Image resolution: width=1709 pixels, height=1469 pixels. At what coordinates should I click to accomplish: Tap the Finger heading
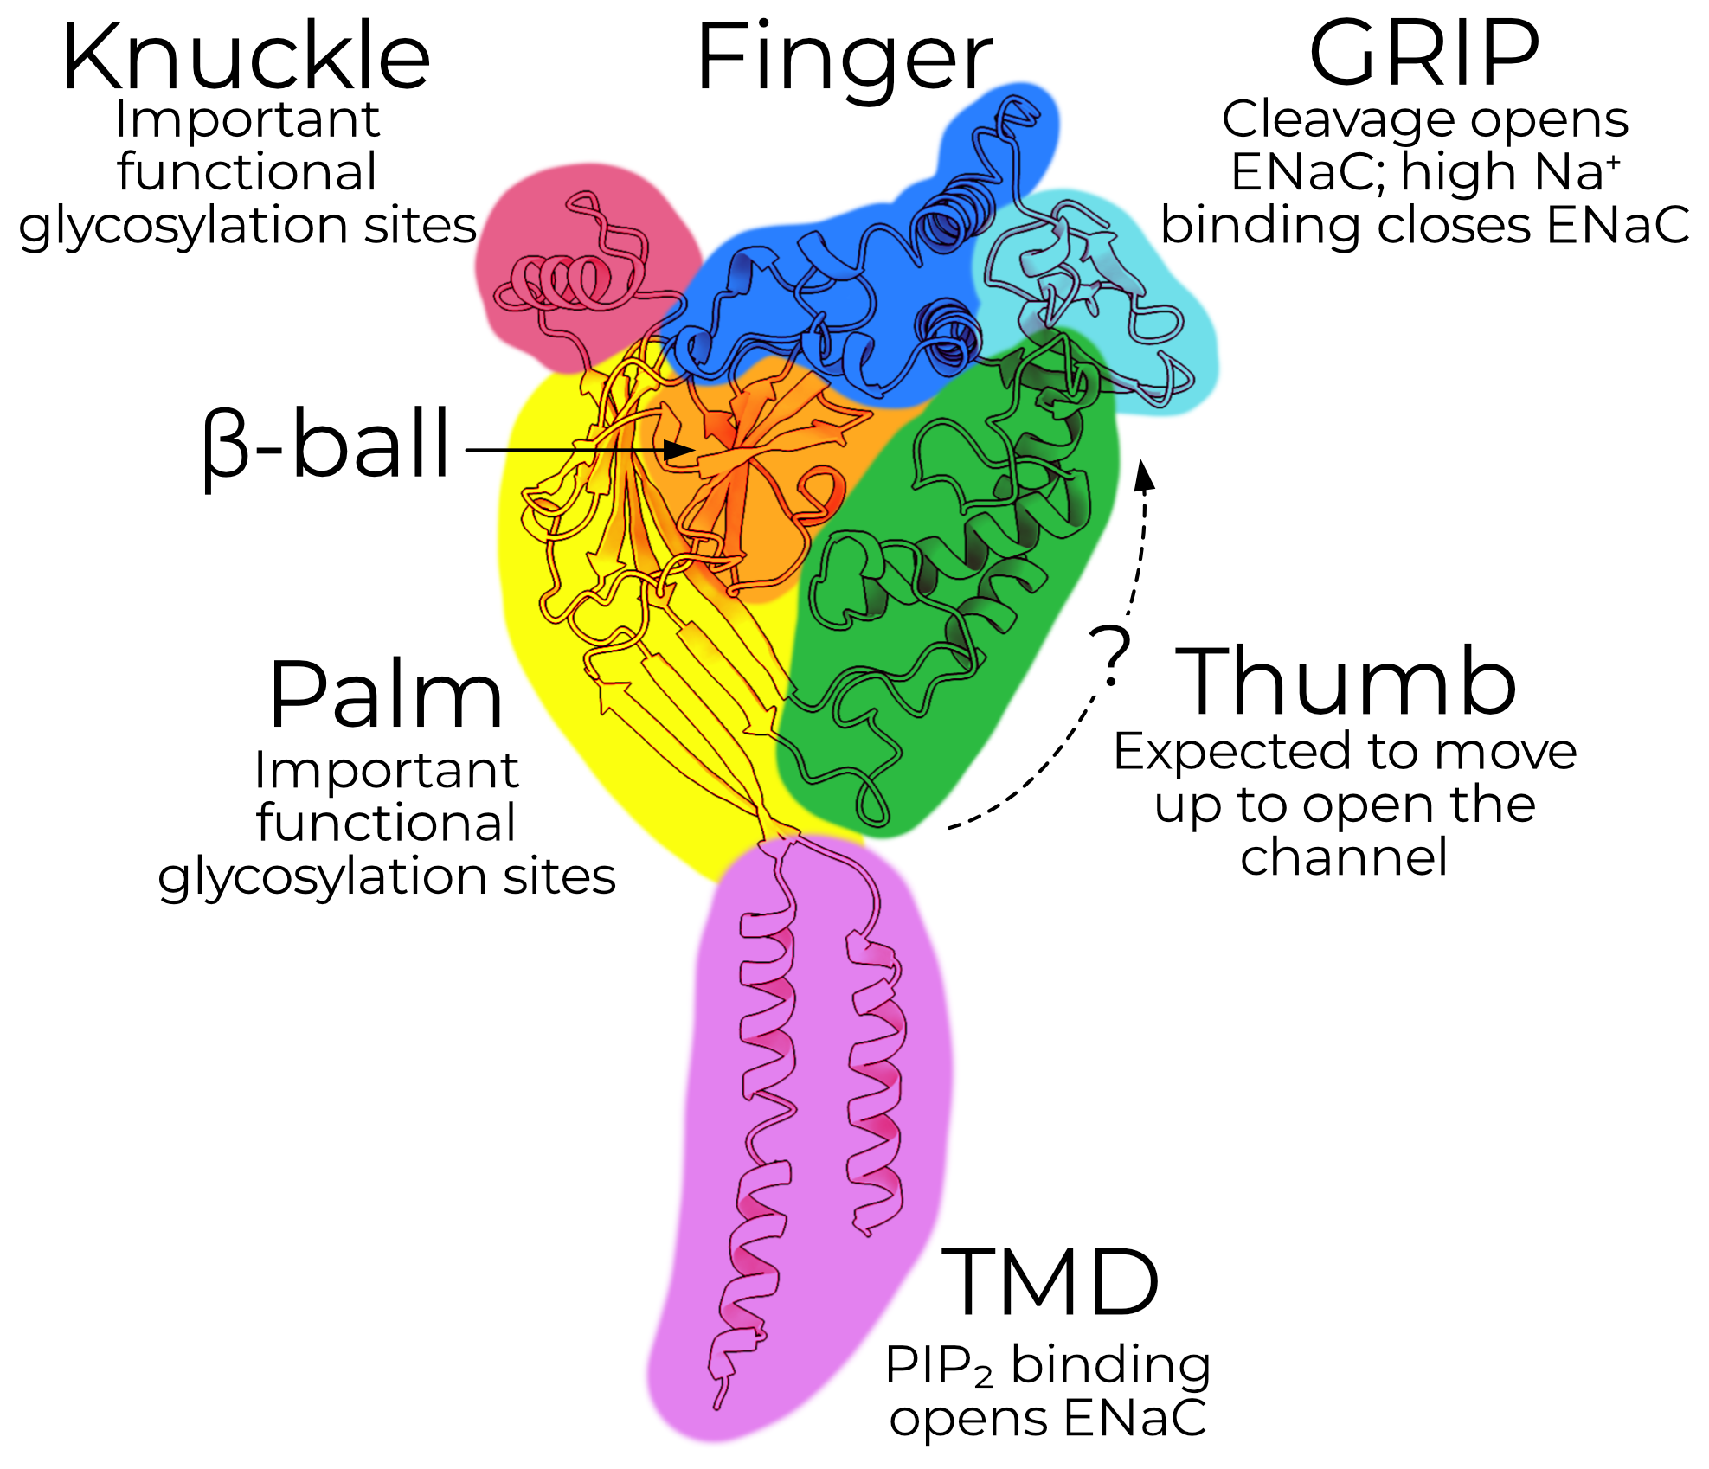point(844,59)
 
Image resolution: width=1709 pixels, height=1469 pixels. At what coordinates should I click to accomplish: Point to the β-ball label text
point(327,445)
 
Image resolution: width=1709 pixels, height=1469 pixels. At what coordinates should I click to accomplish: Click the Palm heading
point(386,696)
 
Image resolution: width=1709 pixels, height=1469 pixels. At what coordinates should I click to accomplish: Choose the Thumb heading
point(1345,683)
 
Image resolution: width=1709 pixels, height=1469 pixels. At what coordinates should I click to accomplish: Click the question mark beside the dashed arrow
point(1109,655)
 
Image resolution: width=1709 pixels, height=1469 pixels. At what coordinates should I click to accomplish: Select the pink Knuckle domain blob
point(554,234)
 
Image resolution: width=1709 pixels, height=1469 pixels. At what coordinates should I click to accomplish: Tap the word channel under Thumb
point(1343,857)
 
